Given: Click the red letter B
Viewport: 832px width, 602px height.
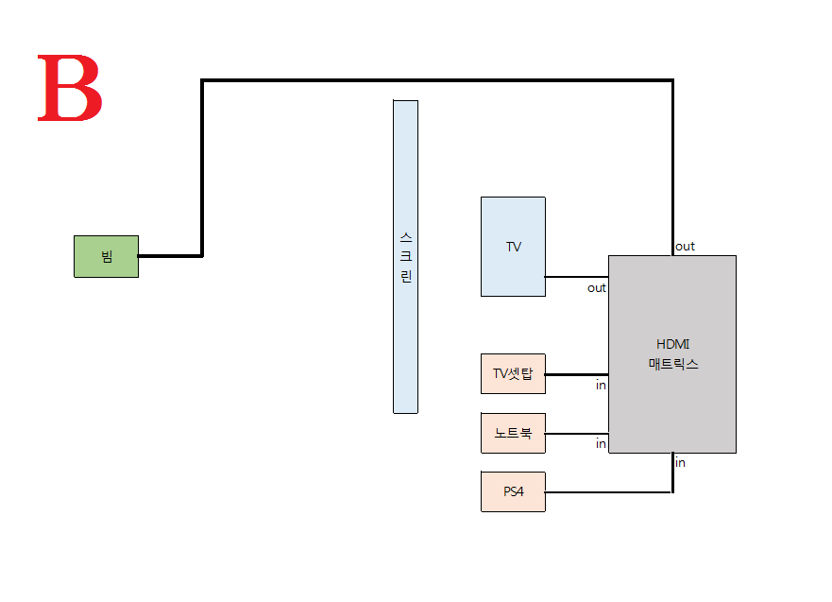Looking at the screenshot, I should click(x=69, y=89).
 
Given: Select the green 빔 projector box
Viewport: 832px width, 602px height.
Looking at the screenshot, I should click(x=106, y=256).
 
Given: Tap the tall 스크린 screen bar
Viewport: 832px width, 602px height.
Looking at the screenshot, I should click(x=405, y=256).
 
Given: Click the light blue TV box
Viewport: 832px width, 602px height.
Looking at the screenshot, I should click(x=513, y=247).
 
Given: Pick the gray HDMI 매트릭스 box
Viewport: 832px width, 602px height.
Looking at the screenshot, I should click(x=671, y=397).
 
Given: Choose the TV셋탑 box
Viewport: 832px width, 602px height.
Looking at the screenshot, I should click(x=513, y=373).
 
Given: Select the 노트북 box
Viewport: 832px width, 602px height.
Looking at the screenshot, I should click(x=513, y=433).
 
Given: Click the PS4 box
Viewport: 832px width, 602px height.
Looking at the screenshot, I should click(x=513, y=491).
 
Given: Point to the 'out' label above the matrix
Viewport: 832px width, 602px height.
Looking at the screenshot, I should click(x=685, y=246).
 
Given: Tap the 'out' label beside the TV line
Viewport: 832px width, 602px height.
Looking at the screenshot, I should click(x=597, y=288).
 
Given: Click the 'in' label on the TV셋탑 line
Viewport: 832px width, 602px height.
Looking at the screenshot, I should click(x=601, y=386).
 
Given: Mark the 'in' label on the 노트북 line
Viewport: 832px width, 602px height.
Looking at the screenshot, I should click(x=601, y=444).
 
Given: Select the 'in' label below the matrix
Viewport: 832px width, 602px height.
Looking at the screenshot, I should click(x=680, y=462).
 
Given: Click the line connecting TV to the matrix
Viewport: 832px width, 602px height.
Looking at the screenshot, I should click(x=576, y=277).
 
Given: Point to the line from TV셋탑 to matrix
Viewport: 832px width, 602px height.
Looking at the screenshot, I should click(x=576, y=374).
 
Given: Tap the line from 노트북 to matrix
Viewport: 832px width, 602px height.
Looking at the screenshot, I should click(x=576, y=434).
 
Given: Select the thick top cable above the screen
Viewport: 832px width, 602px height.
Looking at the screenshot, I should click(x=434, y=81).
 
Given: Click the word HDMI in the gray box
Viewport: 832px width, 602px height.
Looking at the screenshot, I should click(x=672, y=344).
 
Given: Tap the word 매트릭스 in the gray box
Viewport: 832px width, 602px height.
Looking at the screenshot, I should click(x=672, y=363).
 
